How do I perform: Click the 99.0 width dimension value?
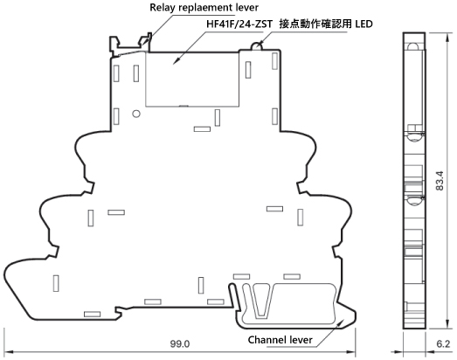pos(180,344)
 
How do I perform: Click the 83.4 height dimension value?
pos(440,181)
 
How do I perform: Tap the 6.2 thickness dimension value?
pos(443,344)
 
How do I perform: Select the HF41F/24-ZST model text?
pos(239,24)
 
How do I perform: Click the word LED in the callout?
pos(364,24)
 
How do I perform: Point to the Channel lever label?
pos(280,340)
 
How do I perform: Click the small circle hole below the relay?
pos(136,114)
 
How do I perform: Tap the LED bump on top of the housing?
pos(257,46)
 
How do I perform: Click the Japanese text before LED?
pos(315,24)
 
